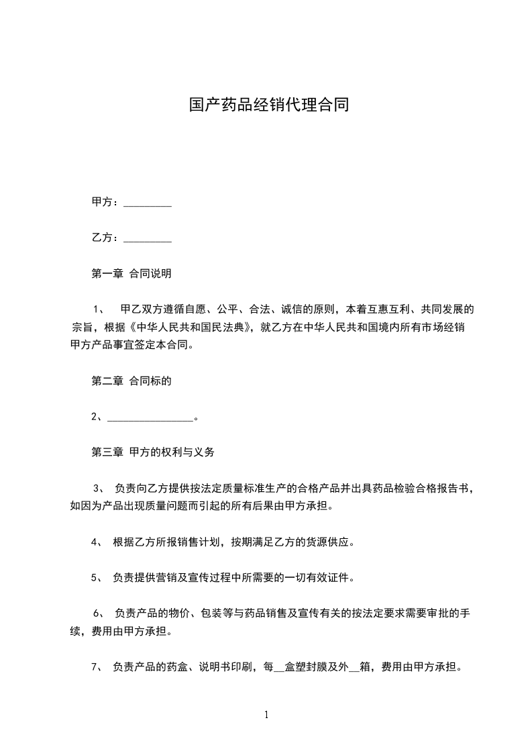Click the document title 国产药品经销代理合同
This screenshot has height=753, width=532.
pyautogui.click(x=268, y=105)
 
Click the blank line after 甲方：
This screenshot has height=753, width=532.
pyautogui.click(x=148, y=203)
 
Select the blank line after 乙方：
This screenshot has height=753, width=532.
pyautogui.click(x=148, y=238)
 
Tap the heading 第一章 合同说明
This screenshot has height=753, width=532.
pyautogui.click(x=131, y=274)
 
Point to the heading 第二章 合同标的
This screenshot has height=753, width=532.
pyautogui.click(x=131, y=381)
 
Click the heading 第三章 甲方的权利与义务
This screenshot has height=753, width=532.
pyautogui.click(x=152, y=452)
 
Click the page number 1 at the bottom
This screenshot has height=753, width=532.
pyautogui.click(x=266, y=715)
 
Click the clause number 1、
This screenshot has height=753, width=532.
pyautogui.click(x=98, y=310)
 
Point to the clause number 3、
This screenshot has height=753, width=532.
pyautogui.click(x=98, y=488)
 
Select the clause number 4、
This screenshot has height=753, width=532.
pyautogui.click(x=96, y=542)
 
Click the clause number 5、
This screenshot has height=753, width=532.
pyautogui.click(x=96, y=577)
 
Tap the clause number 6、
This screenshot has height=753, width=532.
pyautogui.click(x=98, y=613)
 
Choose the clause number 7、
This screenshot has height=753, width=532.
pyautogui.click(x=96, y=667)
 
